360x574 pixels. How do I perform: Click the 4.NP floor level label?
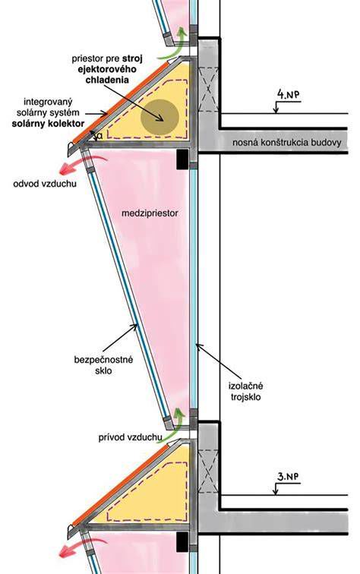(x=288, y=94)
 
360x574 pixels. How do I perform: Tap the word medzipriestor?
(x=150, y=213)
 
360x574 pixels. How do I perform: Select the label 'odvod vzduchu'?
(x=45, y=183)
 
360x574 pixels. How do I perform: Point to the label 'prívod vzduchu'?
(x=131, y=437)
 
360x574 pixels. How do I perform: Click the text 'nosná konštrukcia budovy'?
(x=286, y=143)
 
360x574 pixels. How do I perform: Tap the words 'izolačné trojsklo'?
(x=246, y=391)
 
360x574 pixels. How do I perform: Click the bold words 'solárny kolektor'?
(x=48, y=123)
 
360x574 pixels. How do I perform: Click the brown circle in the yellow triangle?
(x=160, y=116)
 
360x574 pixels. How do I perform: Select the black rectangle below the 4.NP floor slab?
(x=182, y=159)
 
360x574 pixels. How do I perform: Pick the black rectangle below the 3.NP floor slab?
(x=182, y=542)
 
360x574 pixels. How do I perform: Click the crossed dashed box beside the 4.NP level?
(x=208, y=89)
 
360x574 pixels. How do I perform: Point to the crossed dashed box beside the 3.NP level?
(x=208, y=471)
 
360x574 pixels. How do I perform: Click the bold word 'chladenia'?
(x=107, y=80)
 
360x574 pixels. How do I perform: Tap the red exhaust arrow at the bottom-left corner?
(x=77, y=547)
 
